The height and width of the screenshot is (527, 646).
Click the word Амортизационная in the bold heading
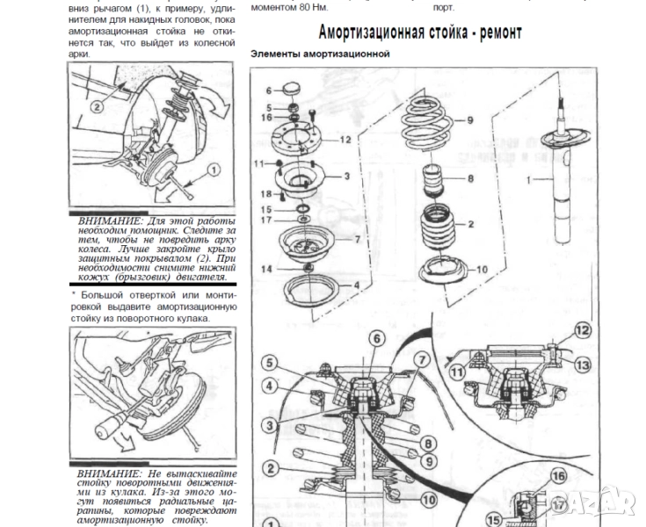(370, 32)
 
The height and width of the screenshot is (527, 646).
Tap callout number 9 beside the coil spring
(469, 120)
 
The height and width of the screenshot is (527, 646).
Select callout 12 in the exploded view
(345, 140)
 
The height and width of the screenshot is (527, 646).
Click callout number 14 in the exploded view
(265, 267)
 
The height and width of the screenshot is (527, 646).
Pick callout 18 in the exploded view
(265, 193)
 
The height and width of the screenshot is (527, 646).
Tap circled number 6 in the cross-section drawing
(375, 339)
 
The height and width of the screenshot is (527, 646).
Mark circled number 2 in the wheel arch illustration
(98, 105)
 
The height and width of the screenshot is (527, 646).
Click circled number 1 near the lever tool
(212, 170)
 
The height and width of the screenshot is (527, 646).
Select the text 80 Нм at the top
(305, 7)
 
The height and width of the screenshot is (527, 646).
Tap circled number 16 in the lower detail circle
(555, 477)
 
